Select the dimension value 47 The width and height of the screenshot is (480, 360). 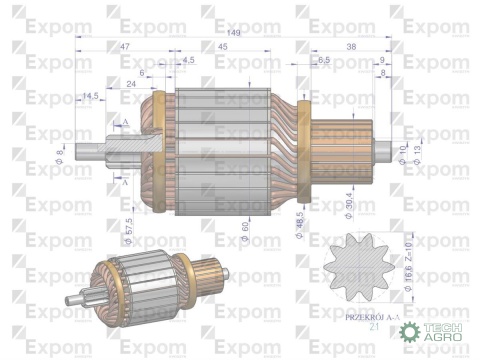click(124, 47)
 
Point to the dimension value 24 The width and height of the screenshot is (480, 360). click(130, 84)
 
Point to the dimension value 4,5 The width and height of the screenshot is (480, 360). click(189, 61)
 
